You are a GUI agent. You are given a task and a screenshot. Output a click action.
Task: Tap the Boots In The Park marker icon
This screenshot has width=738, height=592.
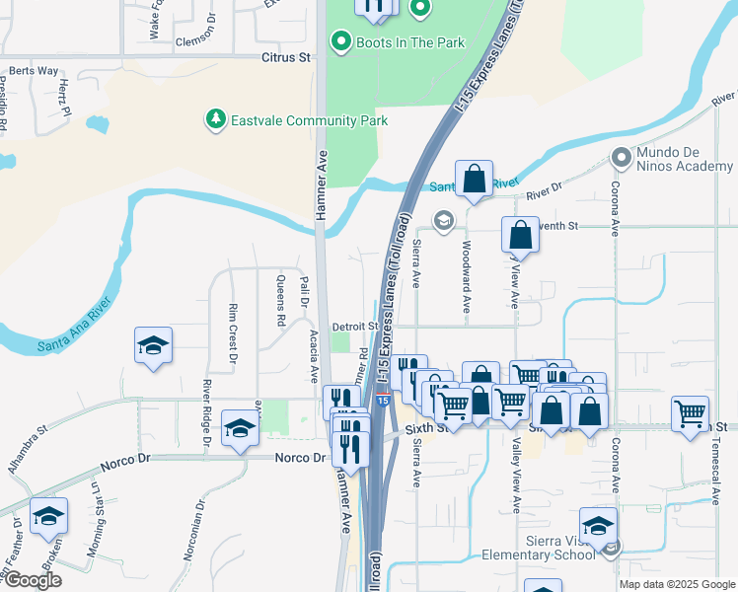[x=341, y=42]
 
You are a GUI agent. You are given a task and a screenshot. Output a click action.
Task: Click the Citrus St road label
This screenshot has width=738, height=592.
[x=286, y=58]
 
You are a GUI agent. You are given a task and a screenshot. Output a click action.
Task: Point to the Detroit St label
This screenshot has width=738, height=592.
[x=355, y=326]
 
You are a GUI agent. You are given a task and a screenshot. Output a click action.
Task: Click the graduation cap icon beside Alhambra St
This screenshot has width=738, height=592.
[x=48, y=516]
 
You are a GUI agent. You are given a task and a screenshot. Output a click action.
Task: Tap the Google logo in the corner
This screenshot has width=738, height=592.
[x=32, y=580]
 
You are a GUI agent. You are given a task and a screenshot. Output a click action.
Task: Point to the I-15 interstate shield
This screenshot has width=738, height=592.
[x=382, y=400]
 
